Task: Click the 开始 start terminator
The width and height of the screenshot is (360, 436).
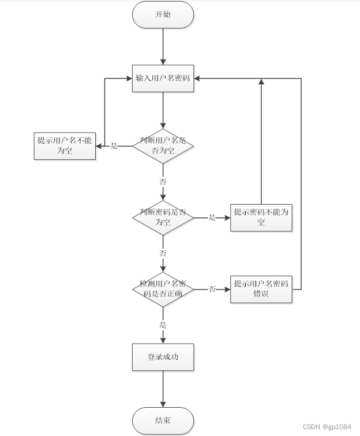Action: (163, 14)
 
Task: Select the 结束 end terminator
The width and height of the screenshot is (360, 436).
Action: (163, 420)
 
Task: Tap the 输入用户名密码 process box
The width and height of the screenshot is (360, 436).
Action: (163, 78)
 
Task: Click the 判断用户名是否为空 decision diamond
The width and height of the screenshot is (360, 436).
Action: (163, 145)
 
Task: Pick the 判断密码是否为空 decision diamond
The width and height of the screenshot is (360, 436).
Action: (163, 217)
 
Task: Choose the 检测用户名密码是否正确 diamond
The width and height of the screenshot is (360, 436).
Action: (163, 288)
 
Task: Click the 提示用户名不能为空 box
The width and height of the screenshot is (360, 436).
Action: (65, 145)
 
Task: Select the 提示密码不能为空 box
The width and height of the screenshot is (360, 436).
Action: (261, 217)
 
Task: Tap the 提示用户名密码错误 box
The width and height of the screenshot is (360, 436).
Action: (261, 289)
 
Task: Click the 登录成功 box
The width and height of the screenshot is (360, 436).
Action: (163, 358)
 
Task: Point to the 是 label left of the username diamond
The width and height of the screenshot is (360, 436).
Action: (114, 146)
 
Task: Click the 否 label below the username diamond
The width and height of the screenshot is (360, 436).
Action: (163, 181)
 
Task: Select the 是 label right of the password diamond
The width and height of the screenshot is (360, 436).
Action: (212, 217)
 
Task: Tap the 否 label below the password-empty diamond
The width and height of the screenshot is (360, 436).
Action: (163, 253)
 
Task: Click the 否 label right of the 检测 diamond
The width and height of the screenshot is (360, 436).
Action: (212, 289)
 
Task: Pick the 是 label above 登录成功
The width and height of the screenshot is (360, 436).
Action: (163, 325)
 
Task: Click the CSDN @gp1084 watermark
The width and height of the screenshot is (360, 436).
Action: (327, 426)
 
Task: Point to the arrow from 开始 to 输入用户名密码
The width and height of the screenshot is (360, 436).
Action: (163, 46)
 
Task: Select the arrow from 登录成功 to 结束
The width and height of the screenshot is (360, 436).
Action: (163, 389)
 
